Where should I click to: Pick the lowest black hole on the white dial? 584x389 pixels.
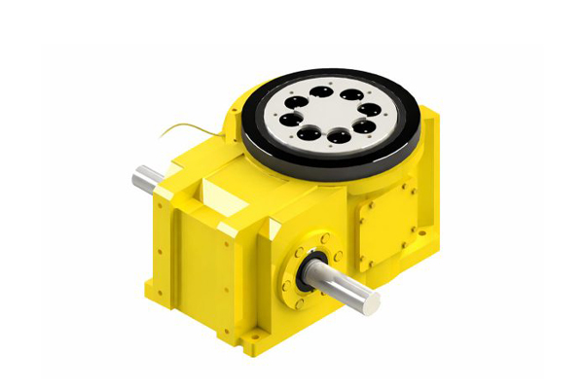[x=337, y=137]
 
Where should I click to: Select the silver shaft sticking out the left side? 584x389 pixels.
[x=146, y=180]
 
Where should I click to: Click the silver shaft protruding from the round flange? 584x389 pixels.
[x=346, y=286]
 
